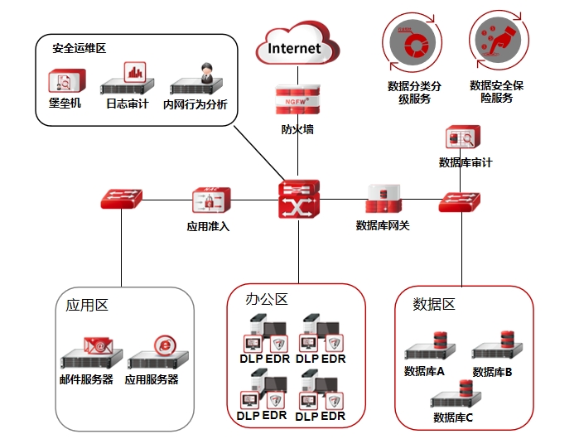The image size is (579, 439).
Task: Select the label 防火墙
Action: [x=297, y=130]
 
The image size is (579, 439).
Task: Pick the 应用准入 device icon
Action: [x=209, y=201]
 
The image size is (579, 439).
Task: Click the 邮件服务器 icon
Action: [x=91, y=354]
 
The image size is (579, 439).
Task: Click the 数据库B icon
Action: [x=494, y=348]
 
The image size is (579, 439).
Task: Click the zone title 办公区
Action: [x=267, y=300]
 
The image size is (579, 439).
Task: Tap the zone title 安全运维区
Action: [x=80, y=49]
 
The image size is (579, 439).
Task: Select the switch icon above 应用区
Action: [x=122, y=200]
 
